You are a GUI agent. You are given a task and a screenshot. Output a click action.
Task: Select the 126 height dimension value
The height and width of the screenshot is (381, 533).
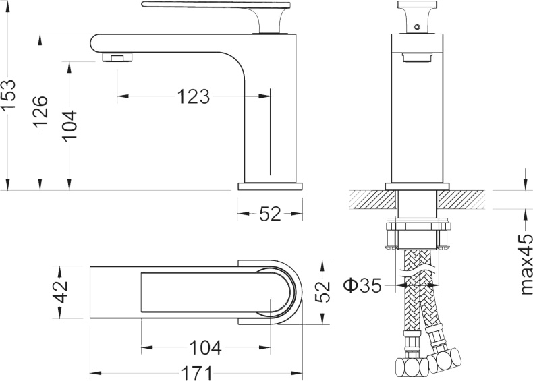[x=40, y=108]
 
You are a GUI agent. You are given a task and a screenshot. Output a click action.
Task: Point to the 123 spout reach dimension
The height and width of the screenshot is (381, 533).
[x=194, y=97]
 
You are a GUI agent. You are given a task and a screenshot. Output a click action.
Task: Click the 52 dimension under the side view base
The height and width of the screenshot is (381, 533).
[x=270, y=214]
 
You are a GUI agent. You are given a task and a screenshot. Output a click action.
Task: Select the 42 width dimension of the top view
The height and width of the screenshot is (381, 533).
[x=61, y=291]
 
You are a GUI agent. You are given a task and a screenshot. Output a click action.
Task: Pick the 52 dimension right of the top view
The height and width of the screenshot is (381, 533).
[x=324, y=291]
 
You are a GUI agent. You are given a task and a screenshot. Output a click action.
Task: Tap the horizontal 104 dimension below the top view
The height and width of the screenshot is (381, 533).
[x=205, y=348]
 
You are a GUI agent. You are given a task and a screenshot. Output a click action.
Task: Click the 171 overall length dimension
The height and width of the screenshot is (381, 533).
[x=196, y=372]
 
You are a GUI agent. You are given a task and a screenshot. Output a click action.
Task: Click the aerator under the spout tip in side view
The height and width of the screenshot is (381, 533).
[x=115, y=57]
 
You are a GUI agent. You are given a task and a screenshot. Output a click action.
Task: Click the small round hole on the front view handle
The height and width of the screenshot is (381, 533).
[x=416, y=27]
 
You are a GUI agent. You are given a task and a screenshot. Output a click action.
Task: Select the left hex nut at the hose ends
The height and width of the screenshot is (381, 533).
[x=410, y=368]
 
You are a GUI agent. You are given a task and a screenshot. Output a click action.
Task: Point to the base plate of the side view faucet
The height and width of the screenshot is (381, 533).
[x=270, y=185]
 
